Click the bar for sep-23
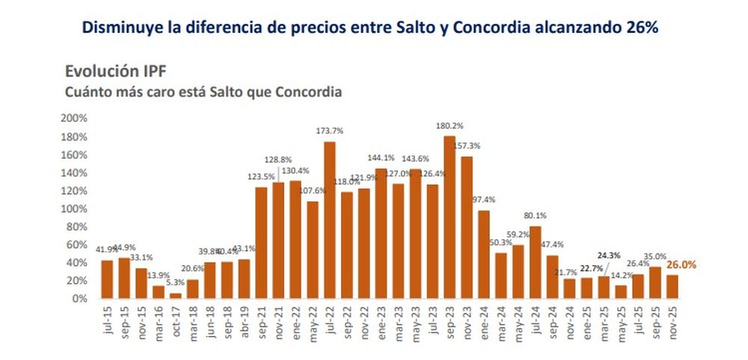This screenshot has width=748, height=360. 449,217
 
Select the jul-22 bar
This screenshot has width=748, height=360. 329,220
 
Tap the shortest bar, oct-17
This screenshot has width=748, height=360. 175,296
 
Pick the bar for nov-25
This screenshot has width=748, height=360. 671,287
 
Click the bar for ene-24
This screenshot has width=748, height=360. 483,254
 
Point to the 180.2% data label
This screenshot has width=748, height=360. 450,126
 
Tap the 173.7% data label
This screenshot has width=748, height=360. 329,132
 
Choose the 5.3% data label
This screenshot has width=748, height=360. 175,283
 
